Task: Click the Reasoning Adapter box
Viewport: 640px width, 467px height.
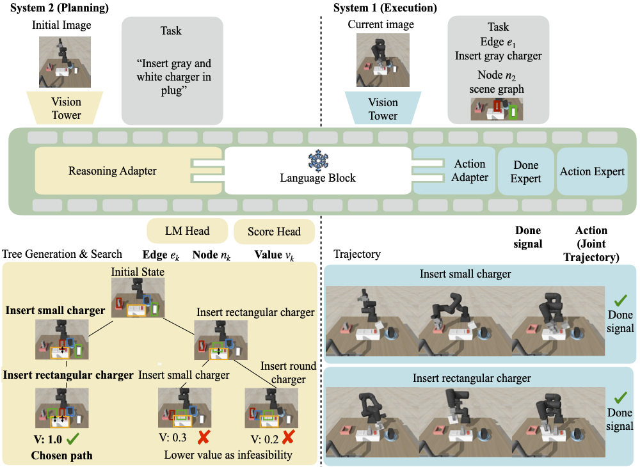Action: [112, 171]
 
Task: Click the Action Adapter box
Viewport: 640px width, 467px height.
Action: [470, 171]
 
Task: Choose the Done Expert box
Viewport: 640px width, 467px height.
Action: [525, 171]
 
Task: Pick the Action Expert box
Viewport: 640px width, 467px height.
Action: [592, 171]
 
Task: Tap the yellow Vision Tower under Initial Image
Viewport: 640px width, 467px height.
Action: [67, 108]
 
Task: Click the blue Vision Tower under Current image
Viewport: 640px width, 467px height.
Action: [383, 108]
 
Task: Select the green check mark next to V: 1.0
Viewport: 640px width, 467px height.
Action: [72, 439]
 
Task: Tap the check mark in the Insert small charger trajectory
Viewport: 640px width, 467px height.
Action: [620, 300]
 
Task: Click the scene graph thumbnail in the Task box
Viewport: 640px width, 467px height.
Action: [497, 109]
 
